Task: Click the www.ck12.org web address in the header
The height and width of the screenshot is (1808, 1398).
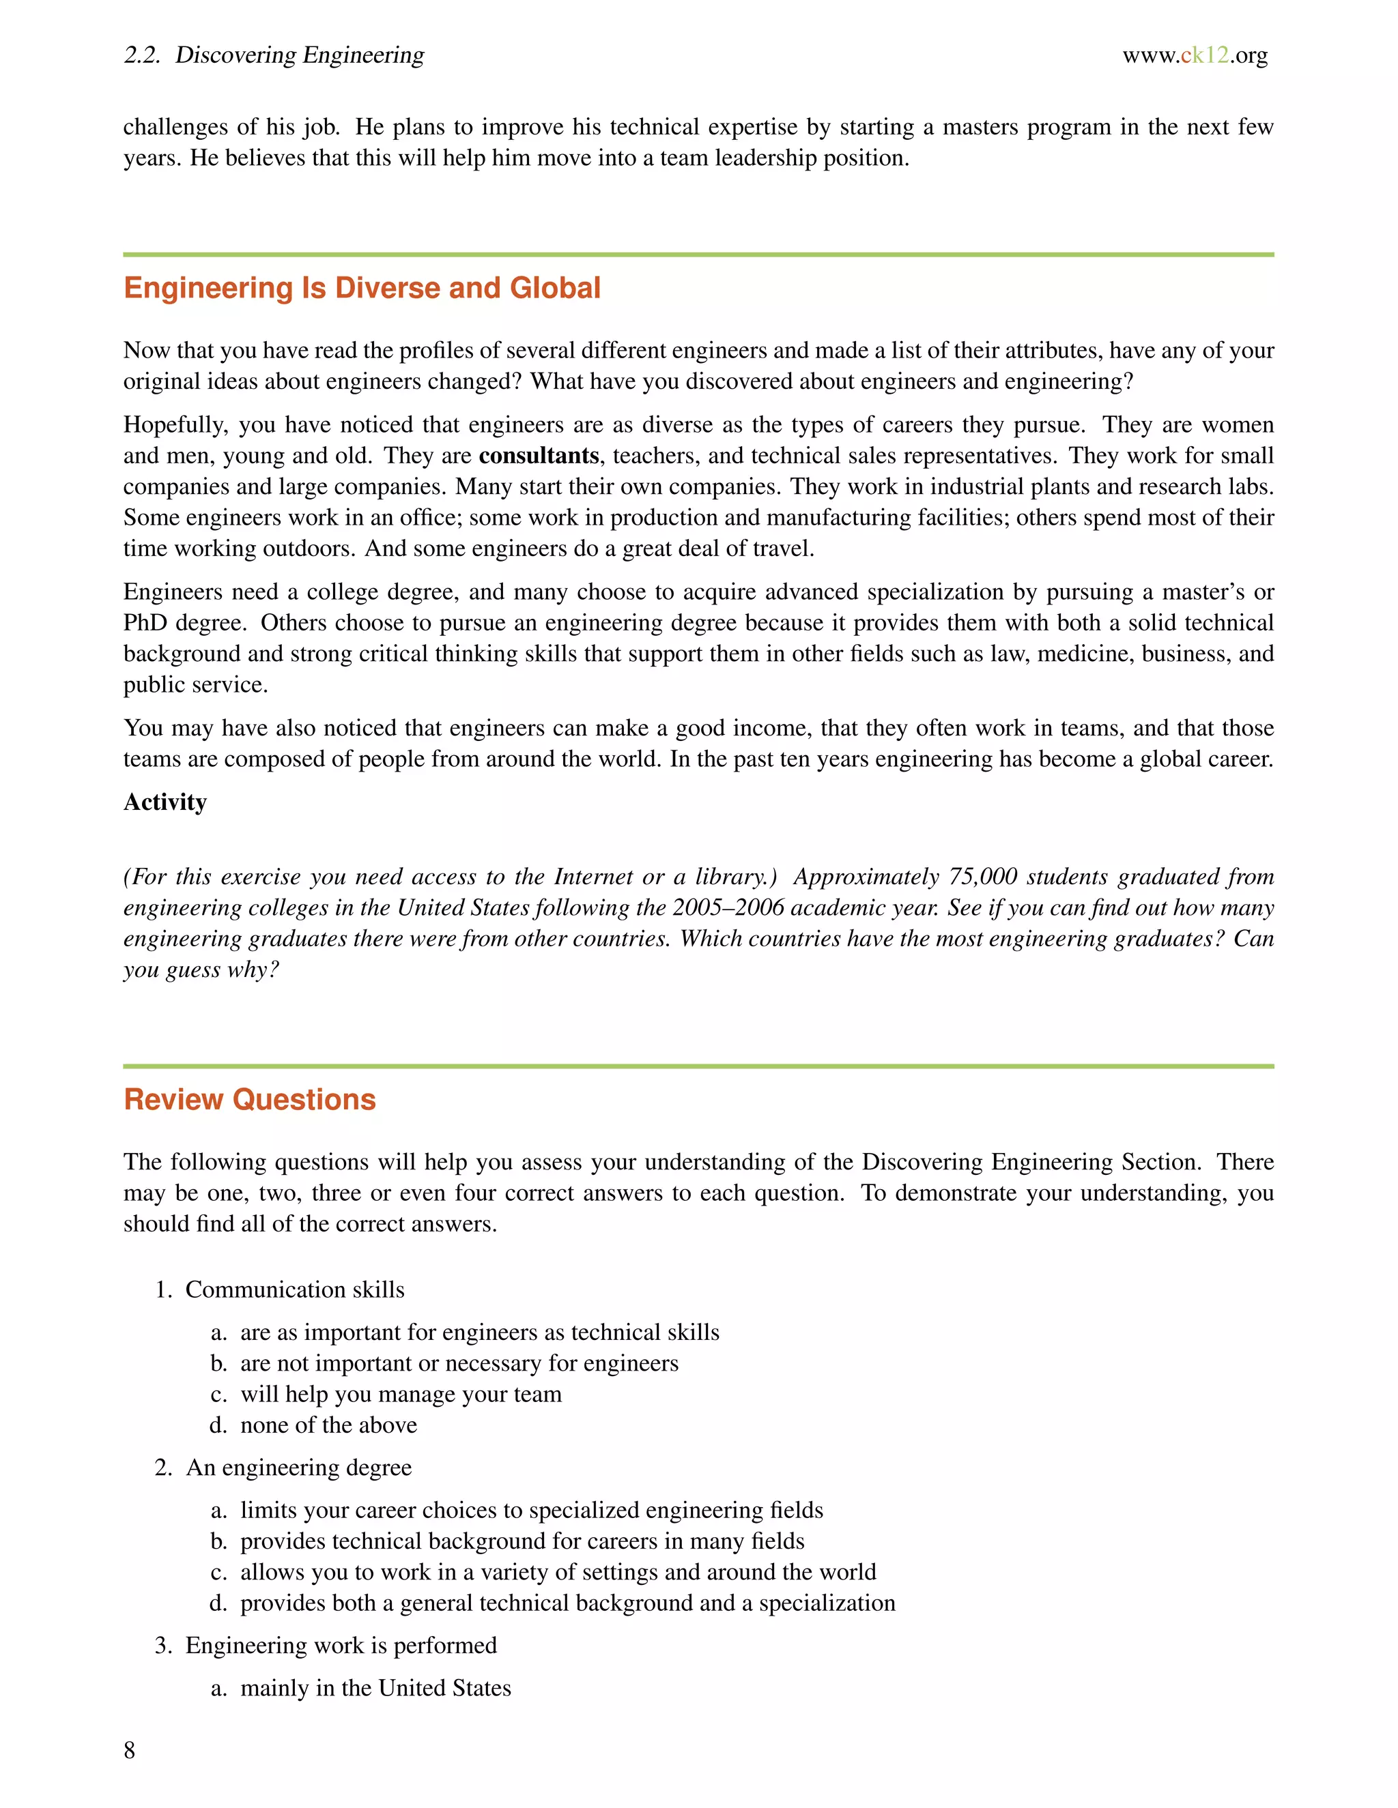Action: (x=1195, y=55)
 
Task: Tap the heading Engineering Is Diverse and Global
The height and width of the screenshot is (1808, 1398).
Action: (x=362, y=288)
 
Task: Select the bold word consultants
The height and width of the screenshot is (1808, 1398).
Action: (x=539, y=456)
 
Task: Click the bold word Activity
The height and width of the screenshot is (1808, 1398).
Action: (x=165, y=802)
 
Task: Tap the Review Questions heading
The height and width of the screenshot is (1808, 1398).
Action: (x=249, y=1099)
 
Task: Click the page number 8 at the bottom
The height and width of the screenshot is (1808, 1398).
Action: (x=129, y=1750)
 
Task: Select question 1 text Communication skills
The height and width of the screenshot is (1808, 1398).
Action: (x=295, y=1289)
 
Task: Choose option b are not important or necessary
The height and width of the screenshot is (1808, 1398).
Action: (x=459, y=1363)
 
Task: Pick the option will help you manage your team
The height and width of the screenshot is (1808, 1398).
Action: (x=401, y=1394)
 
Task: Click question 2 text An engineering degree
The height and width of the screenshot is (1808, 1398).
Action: (x=298, y=1468)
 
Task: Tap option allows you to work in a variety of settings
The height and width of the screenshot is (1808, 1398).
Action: (x=558, y=1572)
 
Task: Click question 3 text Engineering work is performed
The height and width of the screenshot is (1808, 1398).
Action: (x=341, y=1646)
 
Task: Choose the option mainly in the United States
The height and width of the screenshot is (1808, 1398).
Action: (x=375, y=1688)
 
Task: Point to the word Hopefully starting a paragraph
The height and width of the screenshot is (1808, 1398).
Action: (x=174, y=426)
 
